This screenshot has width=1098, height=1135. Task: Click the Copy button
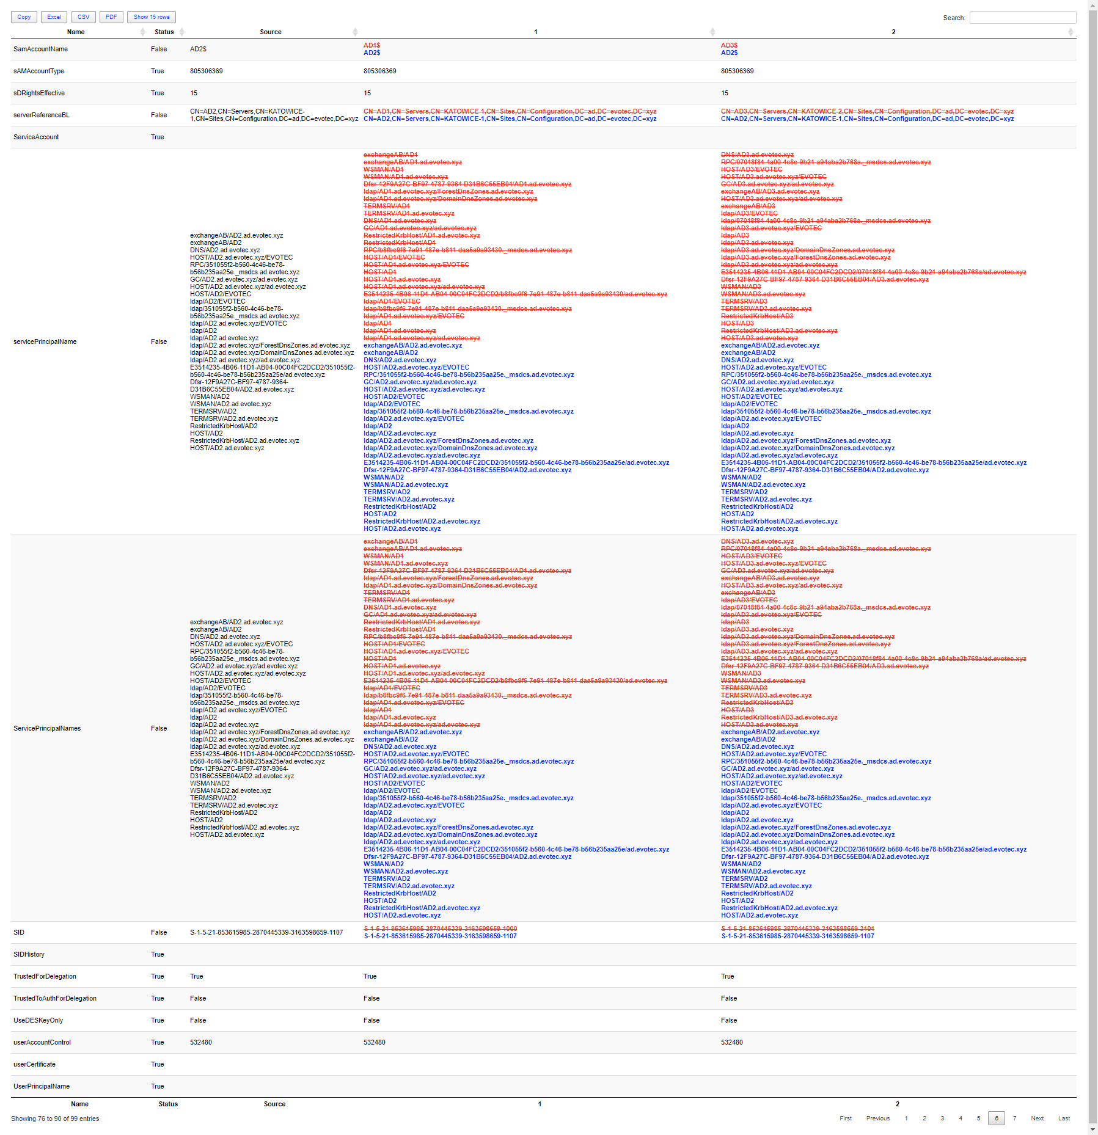(x=24, y=17)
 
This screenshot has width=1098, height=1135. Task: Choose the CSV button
(x=84, y=17)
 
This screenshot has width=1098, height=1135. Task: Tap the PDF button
(x=111, y=17)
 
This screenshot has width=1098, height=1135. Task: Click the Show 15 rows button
(x=152, y=17)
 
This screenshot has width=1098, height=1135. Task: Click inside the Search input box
(x=1022, y=18)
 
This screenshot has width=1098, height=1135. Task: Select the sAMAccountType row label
(x=38, y=71)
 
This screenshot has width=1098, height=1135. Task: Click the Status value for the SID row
(x=159, y=933)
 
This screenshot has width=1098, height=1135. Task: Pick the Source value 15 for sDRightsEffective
(x=194, y=93)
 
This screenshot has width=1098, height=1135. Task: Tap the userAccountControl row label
(x=42, y=1043)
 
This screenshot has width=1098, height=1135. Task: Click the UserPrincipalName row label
(x=42, y=1087)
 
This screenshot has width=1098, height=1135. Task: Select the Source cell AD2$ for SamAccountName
(x=198, y=49)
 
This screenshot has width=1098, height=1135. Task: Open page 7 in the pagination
(x=1014, y=1119)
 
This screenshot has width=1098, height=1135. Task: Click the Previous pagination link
(x=877, y=1119)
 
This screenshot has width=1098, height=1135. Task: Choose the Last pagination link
(x=1064, y=1119)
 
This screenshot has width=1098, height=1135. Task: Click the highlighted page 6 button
(x=996, y=1119)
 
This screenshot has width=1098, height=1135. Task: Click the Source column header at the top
(x=271, y=32)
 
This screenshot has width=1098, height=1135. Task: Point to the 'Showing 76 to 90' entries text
(x=55, y=1119)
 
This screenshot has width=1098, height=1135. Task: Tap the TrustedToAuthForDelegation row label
(x=55, y=999)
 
